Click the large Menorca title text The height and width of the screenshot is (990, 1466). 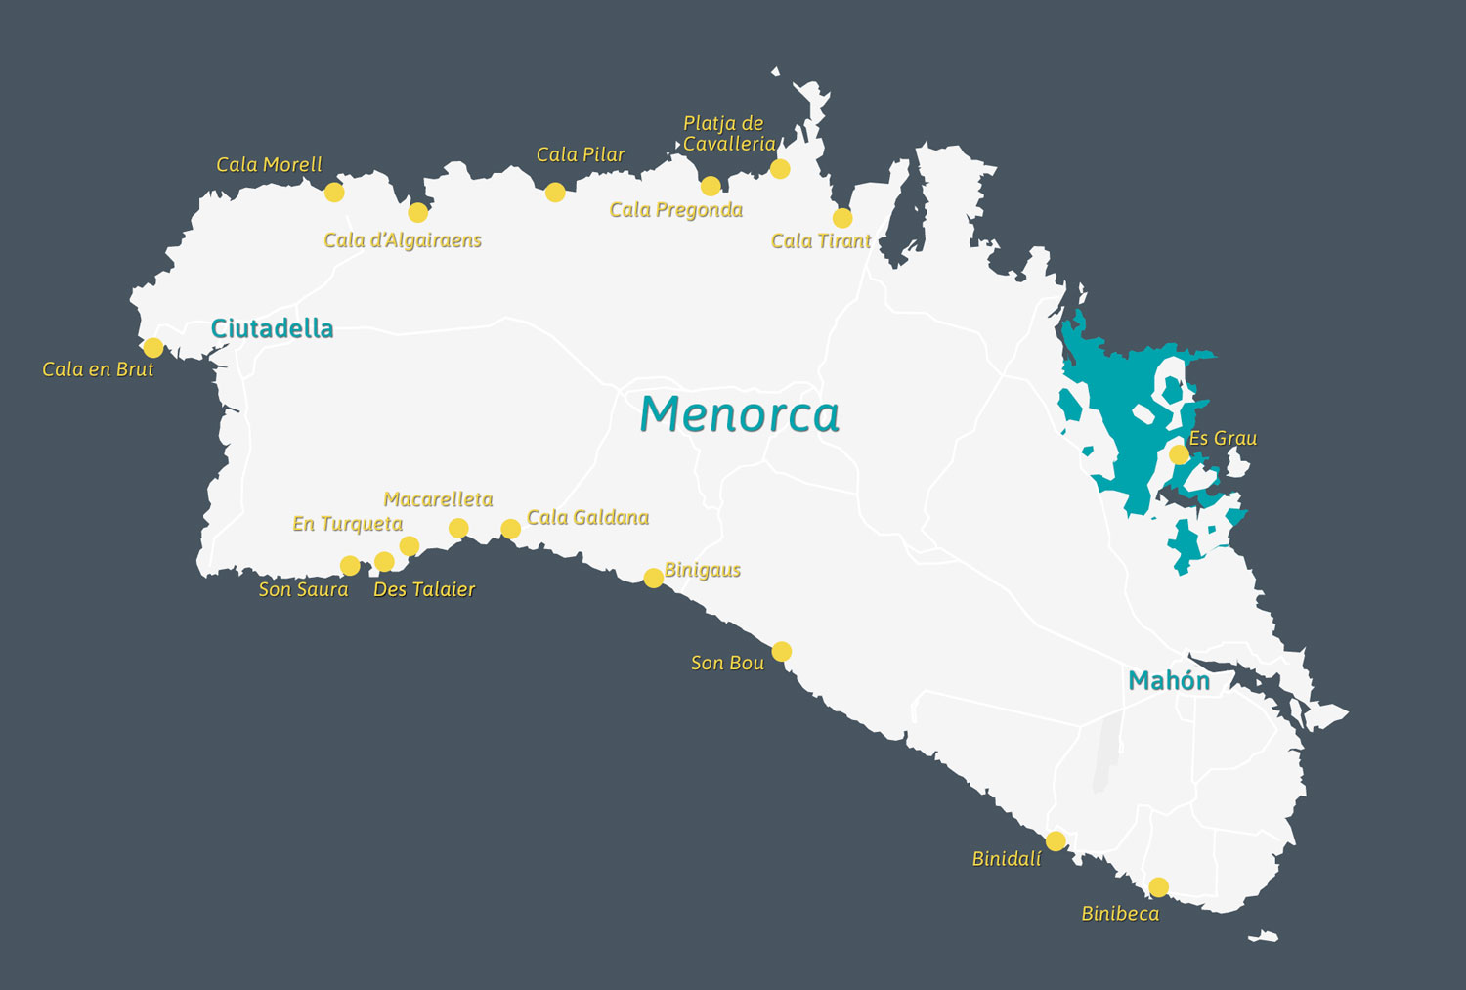coord(740,414)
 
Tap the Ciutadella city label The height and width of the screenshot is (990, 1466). coord(272,329)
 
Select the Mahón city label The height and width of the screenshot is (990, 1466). coord(1169,681)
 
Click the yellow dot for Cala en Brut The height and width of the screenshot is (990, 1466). coord(153,348)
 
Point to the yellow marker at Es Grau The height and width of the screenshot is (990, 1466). coord(1180,454)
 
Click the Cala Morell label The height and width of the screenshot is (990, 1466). coord(269,165)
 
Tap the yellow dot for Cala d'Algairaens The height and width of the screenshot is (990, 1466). coord(418,213)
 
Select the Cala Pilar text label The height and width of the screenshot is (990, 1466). coord(581,154)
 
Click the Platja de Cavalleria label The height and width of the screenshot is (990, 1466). coord(728,134)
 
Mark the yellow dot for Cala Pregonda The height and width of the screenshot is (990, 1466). coord(711,187)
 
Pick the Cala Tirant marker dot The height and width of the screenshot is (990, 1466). coord(842,218)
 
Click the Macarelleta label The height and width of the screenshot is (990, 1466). coord(438,499)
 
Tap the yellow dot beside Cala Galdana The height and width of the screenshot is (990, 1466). coord(510,529)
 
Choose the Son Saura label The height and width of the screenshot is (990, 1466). coord(303,589)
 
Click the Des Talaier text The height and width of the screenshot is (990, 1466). coord(424,589)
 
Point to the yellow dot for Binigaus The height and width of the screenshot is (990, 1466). coord(654,579)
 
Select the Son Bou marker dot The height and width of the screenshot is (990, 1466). coord(781,652)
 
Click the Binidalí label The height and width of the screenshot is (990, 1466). coord(1007,859)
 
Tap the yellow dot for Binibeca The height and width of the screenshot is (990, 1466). coord(1158,887)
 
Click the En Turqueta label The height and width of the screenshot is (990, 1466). coord(348,524)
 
